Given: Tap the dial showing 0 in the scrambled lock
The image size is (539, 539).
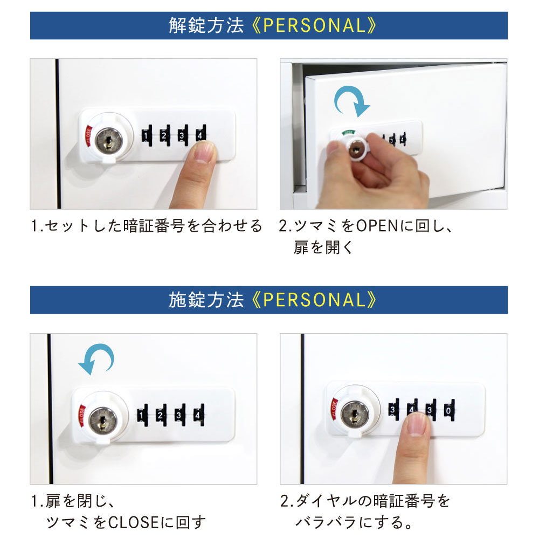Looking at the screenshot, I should pos(448,411).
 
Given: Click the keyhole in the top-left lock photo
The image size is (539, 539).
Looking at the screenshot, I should pos(109,141).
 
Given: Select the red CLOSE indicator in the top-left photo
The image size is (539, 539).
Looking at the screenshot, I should pos(87,138).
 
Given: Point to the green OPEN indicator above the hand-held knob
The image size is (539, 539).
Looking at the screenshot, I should pos(348,132).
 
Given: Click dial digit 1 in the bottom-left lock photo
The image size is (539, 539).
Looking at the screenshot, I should pos(141,415).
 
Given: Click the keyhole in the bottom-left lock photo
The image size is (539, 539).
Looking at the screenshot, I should pos(101,419).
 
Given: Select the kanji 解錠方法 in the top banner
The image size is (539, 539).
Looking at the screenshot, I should pos(206,26).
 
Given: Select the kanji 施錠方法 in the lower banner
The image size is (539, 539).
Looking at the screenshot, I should pos(206,300).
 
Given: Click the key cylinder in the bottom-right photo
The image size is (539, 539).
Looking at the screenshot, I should pos(354,414).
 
